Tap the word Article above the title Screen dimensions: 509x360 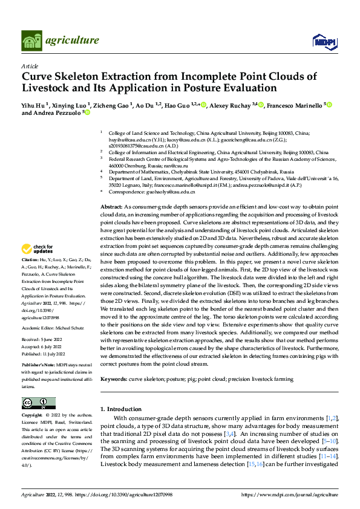[30, 66]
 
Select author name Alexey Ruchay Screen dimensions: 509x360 [232, 105]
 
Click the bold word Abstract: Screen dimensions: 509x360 [111, 207]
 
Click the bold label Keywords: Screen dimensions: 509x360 [115, 379]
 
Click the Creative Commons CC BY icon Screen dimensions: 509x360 [38, 403]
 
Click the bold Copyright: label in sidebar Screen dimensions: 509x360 [33, 417]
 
